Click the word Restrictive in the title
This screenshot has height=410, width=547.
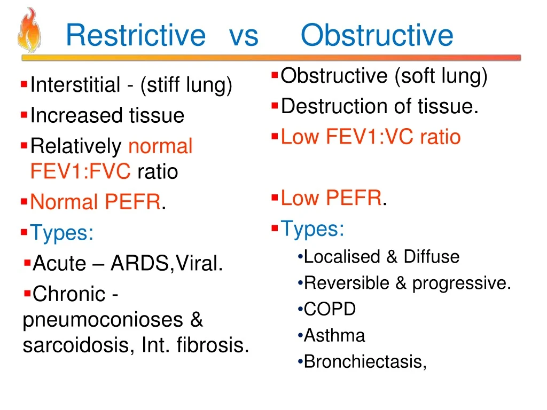click(x=135, y=36)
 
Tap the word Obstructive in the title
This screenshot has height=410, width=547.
click(x=377, y=36)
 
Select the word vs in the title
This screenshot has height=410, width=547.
click(x=244, y=36)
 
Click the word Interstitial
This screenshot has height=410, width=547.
click(x=75, y=85)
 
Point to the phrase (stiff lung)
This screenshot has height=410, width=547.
click(x=186, y=85)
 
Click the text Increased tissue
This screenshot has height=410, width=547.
click(x=107, y=115)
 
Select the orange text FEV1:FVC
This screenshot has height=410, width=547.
click(x=80, y=172)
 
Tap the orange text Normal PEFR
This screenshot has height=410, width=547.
click(x=95, y=202)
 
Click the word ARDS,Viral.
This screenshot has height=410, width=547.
click(x=166, y=263)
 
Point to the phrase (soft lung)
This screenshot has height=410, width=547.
click(x=441, y=76)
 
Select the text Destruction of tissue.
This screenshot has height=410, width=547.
click(x=380, y=107)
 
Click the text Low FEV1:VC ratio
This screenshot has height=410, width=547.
click(x=370, y=137)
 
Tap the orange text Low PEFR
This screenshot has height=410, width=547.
click(x=331, y=199)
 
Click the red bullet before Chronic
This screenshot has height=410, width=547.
click(x=27, y=293)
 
